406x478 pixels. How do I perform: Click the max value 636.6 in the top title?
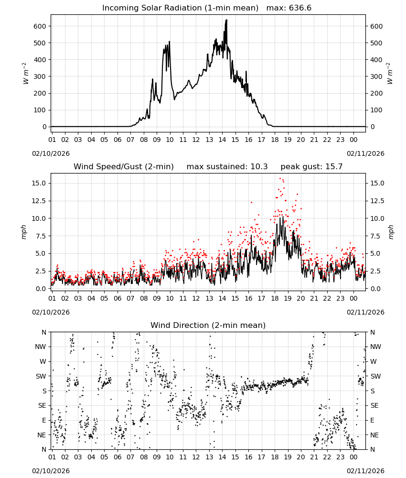point(300,8)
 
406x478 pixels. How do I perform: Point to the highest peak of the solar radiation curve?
point(226,20)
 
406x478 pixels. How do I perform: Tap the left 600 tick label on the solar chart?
point(40,26)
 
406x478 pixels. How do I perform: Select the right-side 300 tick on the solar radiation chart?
point(376,76)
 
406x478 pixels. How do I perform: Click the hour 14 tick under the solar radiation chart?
point(222,140)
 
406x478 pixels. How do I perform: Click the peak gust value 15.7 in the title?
point(333,167)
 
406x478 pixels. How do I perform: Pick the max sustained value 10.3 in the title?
point(259,167)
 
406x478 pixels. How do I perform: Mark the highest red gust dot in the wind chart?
point(280,179)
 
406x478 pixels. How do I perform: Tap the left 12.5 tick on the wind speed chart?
point(38,201)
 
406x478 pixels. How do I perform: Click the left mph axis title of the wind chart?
point(24,232)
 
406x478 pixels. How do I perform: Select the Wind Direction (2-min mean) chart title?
point(208,325)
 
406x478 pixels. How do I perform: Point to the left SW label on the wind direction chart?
point(41,377)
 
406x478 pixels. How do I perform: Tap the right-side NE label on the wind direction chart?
point(374,435)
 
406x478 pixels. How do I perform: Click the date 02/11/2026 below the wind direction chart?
point(365,471)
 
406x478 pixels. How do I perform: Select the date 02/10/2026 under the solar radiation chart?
point(51,153)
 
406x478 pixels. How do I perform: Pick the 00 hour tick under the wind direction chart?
point(353,457)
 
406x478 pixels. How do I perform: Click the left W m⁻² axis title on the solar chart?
point(25,74)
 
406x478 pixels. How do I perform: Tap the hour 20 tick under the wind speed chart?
point(301,298)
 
